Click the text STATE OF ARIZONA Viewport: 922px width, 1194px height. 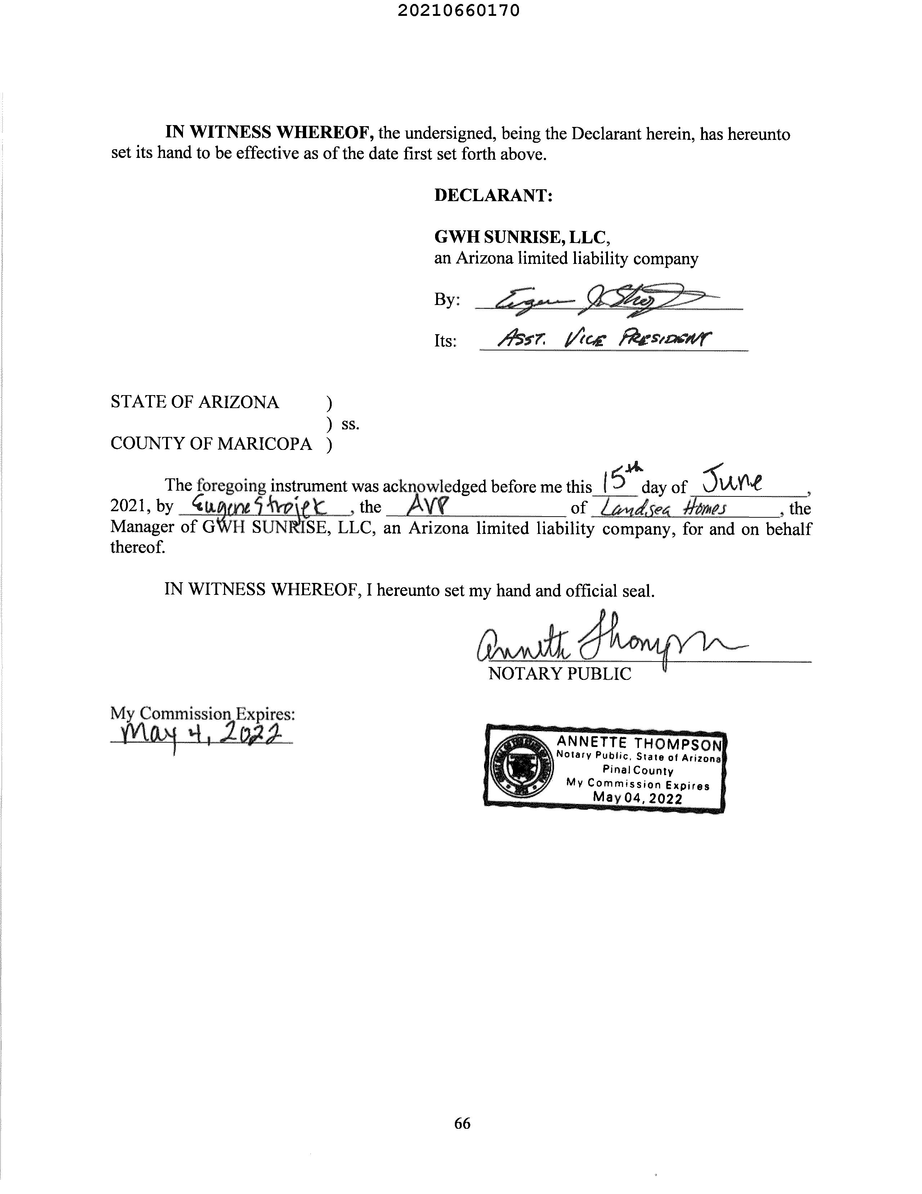[x=194, y=402]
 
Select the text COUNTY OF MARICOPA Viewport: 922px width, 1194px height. [x=211, y=443]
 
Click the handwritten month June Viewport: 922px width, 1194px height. [x=732, y=481]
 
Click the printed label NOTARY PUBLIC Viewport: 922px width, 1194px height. [x=559, y=673]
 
